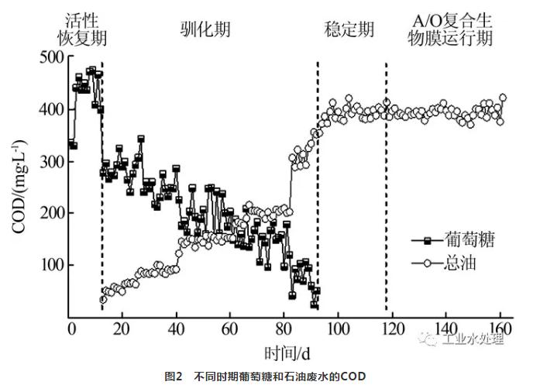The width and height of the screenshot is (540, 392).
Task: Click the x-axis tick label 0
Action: click(71, 328)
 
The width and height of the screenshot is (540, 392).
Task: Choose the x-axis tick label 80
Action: click(284, 328)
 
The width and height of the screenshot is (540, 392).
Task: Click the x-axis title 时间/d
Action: click(287, 352)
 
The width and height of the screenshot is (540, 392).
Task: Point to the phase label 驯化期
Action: click(205, 29)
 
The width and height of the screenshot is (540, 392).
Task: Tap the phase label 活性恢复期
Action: click(82, 29)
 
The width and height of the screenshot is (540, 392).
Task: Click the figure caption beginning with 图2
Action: click(264, 377)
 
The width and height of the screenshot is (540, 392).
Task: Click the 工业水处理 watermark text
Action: click(473, 339)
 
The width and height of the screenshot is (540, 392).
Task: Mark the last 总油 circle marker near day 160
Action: click(503, 98)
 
